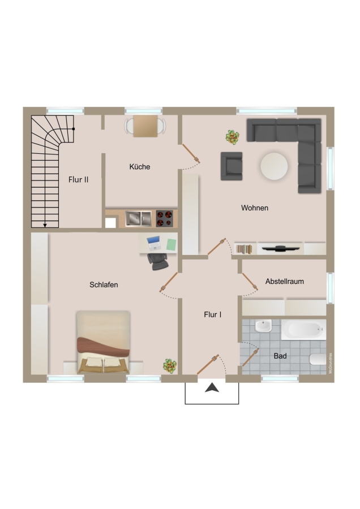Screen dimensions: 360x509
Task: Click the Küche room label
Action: tap(140, 167)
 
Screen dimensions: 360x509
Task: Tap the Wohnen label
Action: tap(255, 208)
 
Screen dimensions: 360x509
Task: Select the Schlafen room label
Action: tap(104, 284)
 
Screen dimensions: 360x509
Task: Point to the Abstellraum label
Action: tap(285, 282)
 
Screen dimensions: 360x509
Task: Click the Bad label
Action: tap(280, 356)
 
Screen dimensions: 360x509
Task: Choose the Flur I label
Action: tap(213, 314)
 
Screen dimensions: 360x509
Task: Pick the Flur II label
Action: tap(78, 179)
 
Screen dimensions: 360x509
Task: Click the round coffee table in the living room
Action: tap(274, 166)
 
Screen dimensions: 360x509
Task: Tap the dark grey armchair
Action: tap(232, 166)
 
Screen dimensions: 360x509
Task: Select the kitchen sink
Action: tap(139, 218)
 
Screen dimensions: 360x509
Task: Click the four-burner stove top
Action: tap(164, 218)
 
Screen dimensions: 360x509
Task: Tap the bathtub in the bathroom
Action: tap(303, 330)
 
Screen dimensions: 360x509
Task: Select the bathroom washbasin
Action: tap(263, 326)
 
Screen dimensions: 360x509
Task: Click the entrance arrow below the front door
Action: tap(212, 387)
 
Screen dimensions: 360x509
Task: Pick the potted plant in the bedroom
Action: tap(170, 365)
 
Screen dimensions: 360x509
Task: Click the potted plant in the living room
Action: tap(233, 137)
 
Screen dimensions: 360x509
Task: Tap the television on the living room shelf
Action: tap(281, 249)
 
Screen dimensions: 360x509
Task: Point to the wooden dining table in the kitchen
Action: tap(145, 126)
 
